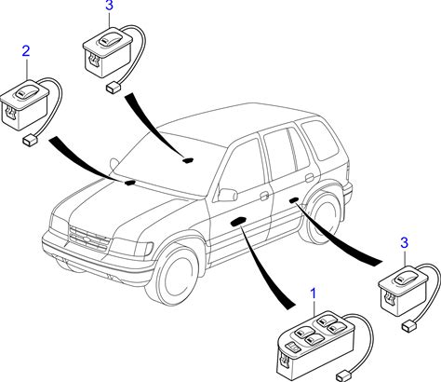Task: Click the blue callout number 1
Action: click(314, 293)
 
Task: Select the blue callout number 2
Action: click(26, 51)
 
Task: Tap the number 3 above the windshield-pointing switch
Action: click(109, 6)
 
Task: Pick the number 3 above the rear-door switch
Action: click(404, 243)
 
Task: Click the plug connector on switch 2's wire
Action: click(30, 141)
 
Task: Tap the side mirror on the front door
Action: click(228, 195)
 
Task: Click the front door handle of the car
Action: click(264, 196)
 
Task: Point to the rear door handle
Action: click(309, 178)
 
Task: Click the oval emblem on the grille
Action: click(87, 239)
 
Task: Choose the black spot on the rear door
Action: click(294, 200)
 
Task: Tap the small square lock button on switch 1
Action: click(293, 347)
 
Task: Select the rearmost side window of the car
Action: click(320, 140)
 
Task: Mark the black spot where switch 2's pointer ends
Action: click(129, 183)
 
